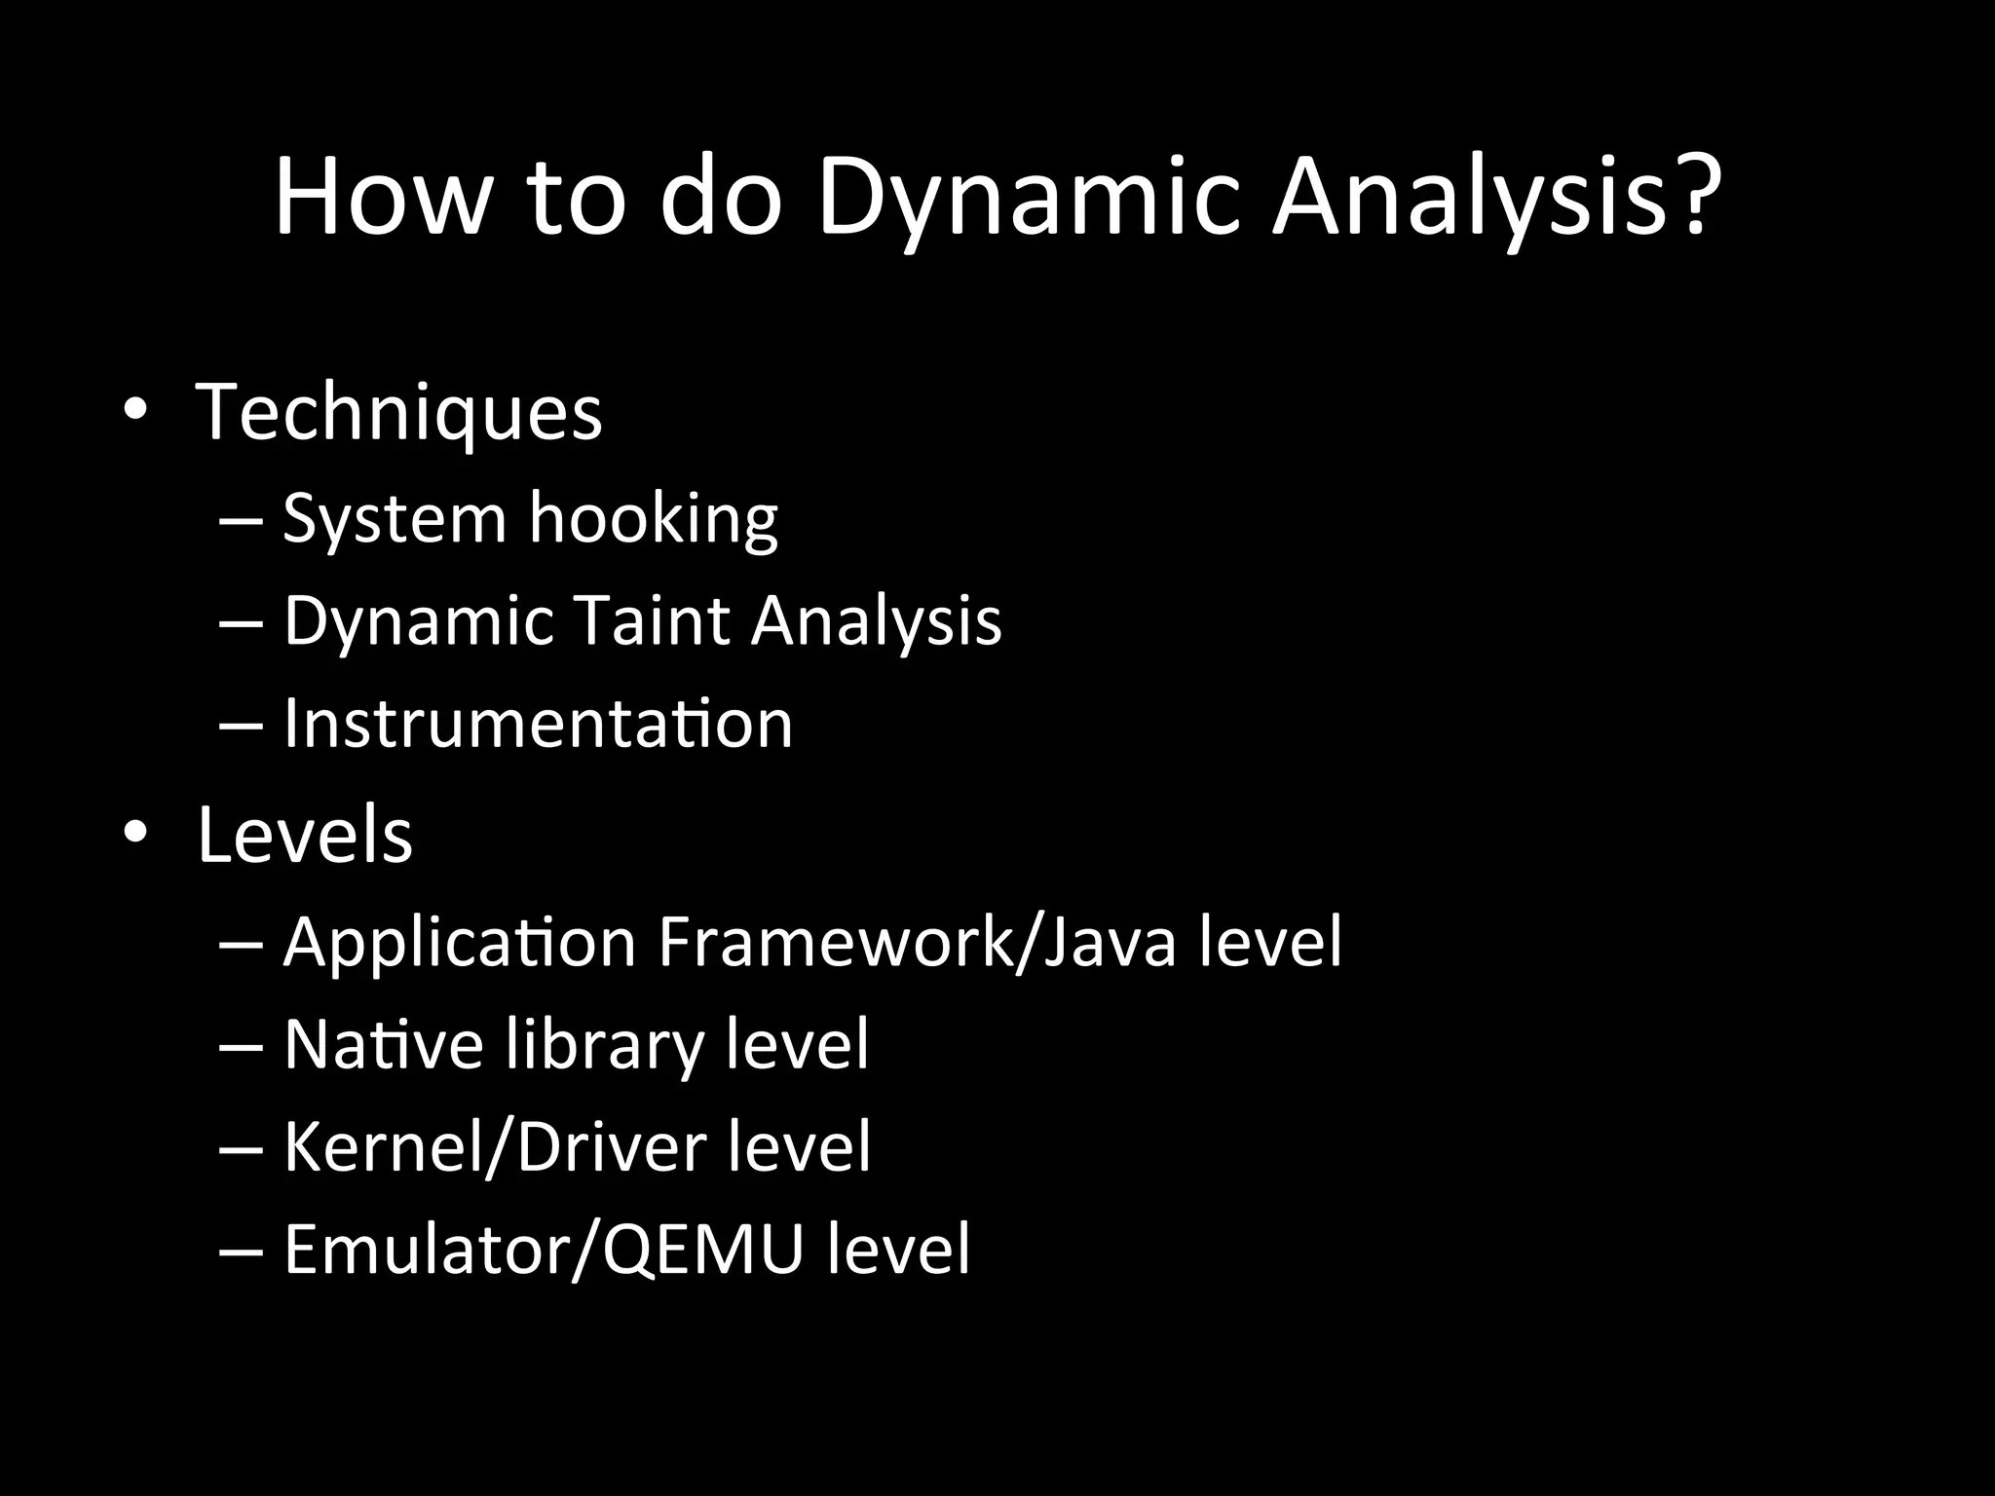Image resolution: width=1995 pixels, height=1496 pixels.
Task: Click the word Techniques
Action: [399, 413]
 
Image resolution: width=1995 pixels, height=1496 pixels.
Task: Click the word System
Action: [395, 519]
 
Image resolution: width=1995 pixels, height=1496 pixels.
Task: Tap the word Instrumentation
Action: [538, 723]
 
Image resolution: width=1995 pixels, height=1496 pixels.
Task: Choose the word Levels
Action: [305, 835]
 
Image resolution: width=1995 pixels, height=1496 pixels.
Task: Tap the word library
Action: [605, 1046]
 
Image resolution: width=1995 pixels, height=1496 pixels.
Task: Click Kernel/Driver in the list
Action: [495, 1146]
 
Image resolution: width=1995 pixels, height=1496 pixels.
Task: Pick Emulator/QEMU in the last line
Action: [544, 1249]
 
